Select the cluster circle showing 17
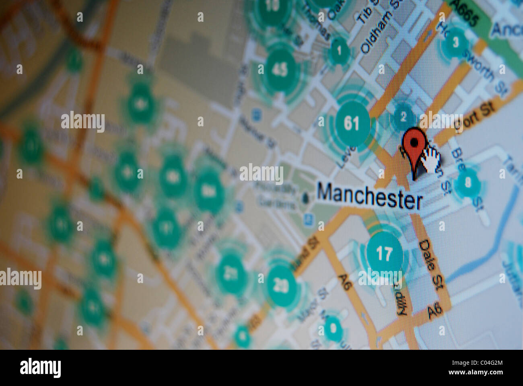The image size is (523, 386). point(384,253)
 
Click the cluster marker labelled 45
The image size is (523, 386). point(280,70)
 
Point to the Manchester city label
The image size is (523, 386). point(370,196)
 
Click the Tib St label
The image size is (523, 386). point(364,11)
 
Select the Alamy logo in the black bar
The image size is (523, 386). point(40,368)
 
